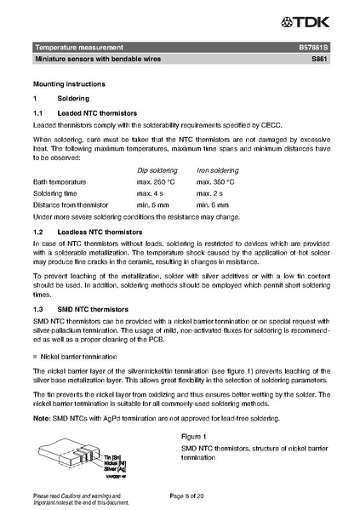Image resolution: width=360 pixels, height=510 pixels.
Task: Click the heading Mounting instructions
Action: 69,85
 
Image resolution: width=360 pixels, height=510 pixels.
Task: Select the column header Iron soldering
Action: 217,170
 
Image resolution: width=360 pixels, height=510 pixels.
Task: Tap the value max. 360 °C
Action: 215,181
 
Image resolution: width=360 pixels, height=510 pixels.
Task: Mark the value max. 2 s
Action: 209,193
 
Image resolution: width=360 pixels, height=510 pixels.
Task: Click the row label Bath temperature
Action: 59,181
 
